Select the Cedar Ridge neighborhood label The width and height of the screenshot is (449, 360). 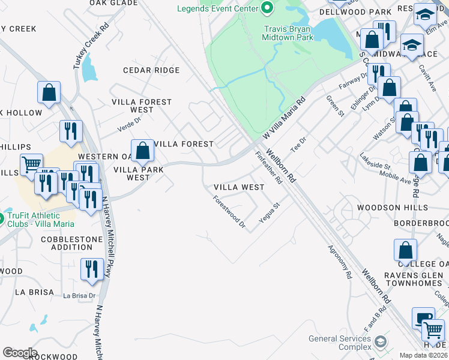[x=151, y=70]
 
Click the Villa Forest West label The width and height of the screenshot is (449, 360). [x=142, y=106]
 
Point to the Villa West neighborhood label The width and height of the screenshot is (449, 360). [x=239, y=187]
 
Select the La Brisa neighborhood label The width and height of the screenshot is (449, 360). [x=27, y=292]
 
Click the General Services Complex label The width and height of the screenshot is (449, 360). [x=340, y=343]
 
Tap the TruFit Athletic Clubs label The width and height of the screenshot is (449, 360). [x=41, y=220]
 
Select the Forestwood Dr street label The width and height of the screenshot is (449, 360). [x=229, y=212]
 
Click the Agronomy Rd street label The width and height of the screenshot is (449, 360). [x=340, y=261]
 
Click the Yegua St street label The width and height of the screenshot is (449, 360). [x=270, y=212]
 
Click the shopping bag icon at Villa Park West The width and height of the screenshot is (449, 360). [x=142, y=151]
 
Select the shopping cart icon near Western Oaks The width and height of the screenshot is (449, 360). [x=31, y=164]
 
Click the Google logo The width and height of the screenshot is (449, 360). [x=20, y=353]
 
